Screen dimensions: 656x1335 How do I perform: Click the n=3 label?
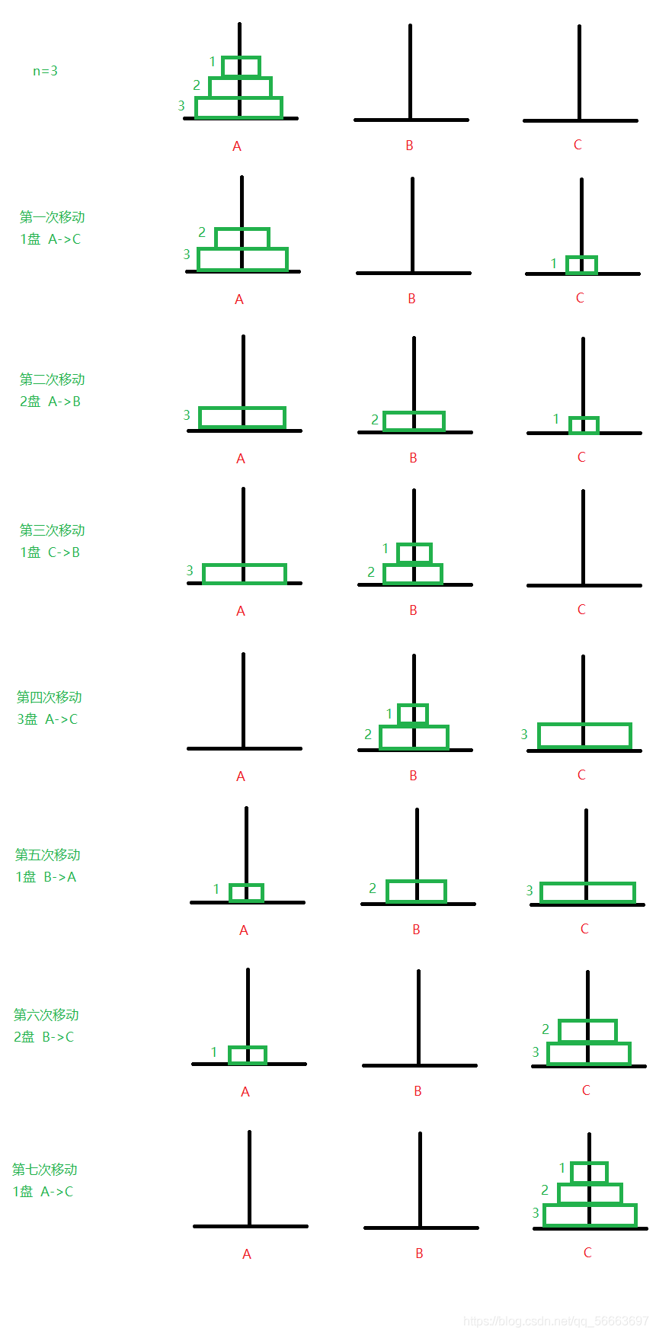(45, 71)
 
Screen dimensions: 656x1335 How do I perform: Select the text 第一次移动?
(52, 217)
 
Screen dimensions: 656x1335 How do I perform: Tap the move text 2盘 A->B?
(50, 402)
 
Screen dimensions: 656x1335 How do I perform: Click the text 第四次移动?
(50, 697)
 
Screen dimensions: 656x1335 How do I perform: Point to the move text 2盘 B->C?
(44, 1037)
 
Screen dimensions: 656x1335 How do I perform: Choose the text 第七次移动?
(45, 1170)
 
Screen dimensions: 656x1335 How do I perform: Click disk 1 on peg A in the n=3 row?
(241, 66)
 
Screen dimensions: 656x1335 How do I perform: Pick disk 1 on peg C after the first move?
(581, 264)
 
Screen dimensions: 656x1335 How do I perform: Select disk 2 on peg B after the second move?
(414, 421)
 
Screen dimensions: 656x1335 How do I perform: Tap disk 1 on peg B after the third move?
(414, 552)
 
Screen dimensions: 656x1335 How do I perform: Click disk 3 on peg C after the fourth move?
(584, 736)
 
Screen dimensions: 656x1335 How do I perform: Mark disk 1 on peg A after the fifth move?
(246, 892)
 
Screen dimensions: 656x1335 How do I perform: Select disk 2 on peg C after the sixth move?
(587, 1031)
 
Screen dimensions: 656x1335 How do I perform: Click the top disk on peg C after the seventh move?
(589, 1172)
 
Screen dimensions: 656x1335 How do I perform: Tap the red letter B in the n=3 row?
(409, 146)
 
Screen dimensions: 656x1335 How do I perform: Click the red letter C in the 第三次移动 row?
(581, 610)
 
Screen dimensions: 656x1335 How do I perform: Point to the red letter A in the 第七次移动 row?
(247, 1254)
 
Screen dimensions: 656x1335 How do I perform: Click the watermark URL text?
(556, 1321)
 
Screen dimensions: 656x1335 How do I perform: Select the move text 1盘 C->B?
(50, 552)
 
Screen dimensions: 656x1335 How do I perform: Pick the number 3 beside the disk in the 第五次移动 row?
(530, 891)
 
